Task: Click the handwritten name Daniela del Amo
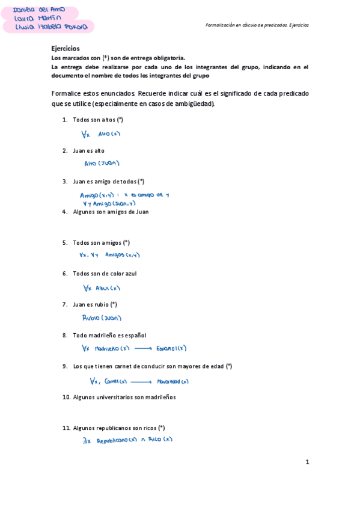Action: (40, 10)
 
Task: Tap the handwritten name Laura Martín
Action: (37, 19)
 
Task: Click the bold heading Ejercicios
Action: (66, 48)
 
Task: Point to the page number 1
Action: (307, 462)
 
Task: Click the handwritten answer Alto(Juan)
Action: (102, 163)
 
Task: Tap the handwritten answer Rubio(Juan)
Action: (102, 318)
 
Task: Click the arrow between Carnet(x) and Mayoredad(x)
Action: (141, 381)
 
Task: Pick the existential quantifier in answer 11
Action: (86, 440)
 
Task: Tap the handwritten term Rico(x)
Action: (160, 439)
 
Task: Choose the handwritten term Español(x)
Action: (171, 348)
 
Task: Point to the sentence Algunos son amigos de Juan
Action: (111, 212)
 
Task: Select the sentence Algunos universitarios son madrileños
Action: (124, 397)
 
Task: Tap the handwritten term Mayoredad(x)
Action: (172, 381)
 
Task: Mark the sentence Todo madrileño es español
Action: (109, 335)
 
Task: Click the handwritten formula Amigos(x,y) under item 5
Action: (122, 255)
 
